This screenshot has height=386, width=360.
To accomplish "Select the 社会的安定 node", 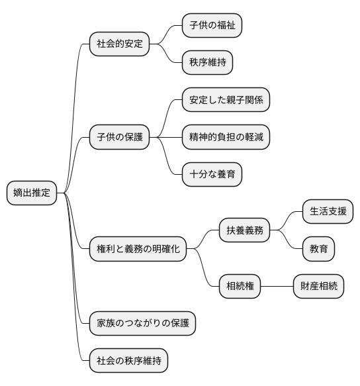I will pyautogui.click(x=119, y=45).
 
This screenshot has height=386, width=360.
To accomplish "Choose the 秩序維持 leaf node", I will pyautogui.click(x=208, y=64).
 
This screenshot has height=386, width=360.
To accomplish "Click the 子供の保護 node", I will pyautogui.click(x=119, y=138).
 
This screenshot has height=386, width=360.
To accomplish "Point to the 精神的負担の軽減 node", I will pyautogui.click(x=226, y=138).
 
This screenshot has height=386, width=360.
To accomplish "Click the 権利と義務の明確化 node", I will pyautogui.click(x=138, y=249).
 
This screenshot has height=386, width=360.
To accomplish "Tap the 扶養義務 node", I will pyautogui.click(x=245, y=230).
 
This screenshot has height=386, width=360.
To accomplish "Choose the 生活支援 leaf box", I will pyautogui.click(x=327, y=212).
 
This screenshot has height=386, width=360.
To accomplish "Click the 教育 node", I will pyautogui.click(x=318, y=249).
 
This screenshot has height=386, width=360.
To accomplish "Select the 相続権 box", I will pyautogui.click(x=240, y=286).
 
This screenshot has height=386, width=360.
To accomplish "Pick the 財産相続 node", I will pyautogui.click(x=318, y=286).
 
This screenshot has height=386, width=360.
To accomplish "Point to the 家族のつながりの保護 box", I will pyautogui.click(x=142, y=323).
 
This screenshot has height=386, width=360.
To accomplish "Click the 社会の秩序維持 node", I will pyautogui.click(x=128, y=360).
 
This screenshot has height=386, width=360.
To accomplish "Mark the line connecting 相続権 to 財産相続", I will pyautogui.click(x=277, y=286).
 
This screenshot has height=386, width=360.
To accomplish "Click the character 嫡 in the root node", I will pyautogui.click(x=18, y=193).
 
